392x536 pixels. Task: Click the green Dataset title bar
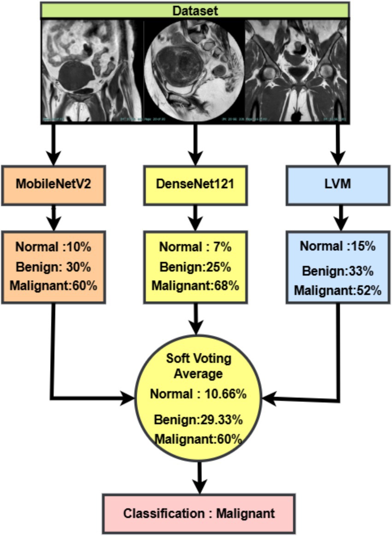point(195,10)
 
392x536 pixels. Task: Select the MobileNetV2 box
point(53,184)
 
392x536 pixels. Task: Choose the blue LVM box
point(339,184)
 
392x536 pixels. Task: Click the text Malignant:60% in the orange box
point(53,285)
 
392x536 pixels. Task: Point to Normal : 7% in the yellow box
point(195,247)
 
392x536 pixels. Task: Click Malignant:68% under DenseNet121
point(195,286)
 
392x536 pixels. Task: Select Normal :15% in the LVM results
point(338,246)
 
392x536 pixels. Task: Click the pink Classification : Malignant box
point(199,513)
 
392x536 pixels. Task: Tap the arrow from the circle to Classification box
point(199,477)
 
